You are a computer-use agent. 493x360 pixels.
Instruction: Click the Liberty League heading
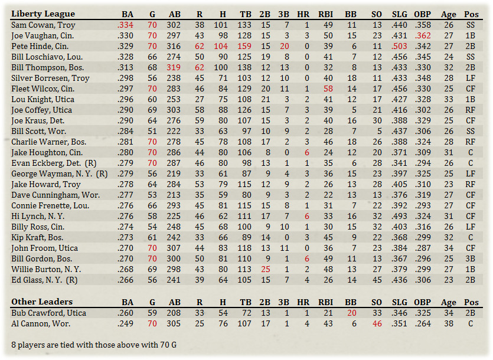[x=43, y=14]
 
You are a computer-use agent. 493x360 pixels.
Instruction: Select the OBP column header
[x=422, y=14]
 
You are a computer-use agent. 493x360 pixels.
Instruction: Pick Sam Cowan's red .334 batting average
[x=125, y=25]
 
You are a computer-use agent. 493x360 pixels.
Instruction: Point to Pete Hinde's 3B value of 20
[x=285, y=47]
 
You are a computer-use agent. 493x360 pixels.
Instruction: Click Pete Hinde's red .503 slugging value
[x=399, y=47]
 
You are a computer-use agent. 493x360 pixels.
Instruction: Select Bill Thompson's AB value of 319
[x=174, y=68]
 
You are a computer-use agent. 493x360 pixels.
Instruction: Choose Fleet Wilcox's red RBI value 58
[x=328, y=89]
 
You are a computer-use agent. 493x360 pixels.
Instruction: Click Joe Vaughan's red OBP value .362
[x=422, y=36]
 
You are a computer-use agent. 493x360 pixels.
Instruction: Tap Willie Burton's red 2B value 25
[x=265, y=270]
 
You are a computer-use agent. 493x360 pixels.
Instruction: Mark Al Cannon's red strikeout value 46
[x=377, y=323]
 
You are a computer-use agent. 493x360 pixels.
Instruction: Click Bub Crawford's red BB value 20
[x=352, y=313]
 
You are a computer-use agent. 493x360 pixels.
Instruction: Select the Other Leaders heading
[x=42, y=302]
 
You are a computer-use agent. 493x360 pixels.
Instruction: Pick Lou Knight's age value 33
[x=448, y=100]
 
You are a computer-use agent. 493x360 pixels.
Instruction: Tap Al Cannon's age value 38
[x=448, y=323]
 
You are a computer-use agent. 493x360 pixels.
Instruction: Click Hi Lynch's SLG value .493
[x=399, y=217]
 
